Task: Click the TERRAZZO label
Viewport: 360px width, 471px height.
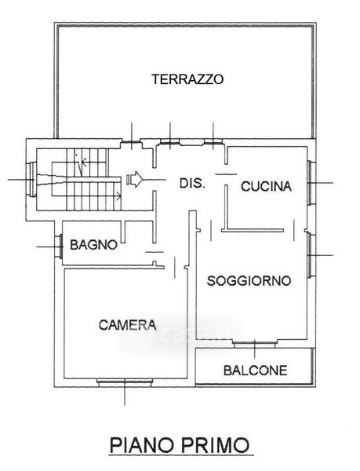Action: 187,79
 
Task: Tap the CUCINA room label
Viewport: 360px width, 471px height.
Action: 266,186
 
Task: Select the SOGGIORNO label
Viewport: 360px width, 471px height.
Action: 249,281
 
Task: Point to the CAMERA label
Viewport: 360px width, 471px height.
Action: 128,325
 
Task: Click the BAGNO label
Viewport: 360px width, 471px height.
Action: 93,245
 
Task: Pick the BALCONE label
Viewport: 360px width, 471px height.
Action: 256,371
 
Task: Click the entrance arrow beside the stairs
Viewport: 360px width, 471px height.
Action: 135,179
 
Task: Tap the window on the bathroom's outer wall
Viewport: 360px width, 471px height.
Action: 59,246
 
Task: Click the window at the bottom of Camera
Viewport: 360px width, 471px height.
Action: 125,382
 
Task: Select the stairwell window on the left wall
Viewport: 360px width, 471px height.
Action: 31,179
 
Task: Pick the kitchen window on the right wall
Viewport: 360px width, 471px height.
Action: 311,183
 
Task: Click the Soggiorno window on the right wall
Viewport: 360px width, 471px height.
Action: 311,255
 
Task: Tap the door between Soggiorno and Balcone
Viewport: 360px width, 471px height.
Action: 255,345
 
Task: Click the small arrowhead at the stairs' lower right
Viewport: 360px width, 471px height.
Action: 118,197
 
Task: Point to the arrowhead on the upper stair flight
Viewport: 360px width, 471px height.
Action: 84,162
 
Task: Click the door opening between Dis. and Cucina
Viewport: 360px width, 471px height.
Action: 226,174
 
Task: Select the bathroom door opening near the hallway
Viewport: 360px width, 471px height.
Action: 155,252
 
